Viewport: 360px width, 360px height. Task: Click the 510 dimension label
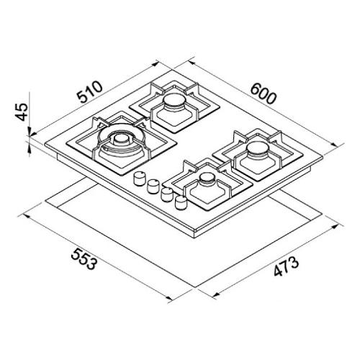tap(90, 92)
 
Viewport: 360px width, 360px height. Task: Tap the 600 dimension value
tap(264, 94)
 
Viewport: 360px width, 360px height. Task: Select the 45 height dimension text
tap(21, 112)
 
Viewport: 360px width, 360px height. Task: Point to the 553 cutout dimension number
tap(84, 259)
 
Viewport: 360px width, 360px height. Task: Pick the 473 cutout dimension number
tap(287, 266)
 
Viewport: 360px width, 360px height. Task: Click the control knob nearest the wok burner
tap(140, 179)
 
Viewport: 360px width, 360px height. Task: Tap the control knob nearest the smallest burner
tap(181, 202)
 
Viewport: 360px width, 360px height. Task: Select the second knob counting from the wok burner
tap(153, 186)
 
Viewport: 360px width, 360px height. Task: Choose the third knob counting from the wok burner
tap(167, 194)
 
